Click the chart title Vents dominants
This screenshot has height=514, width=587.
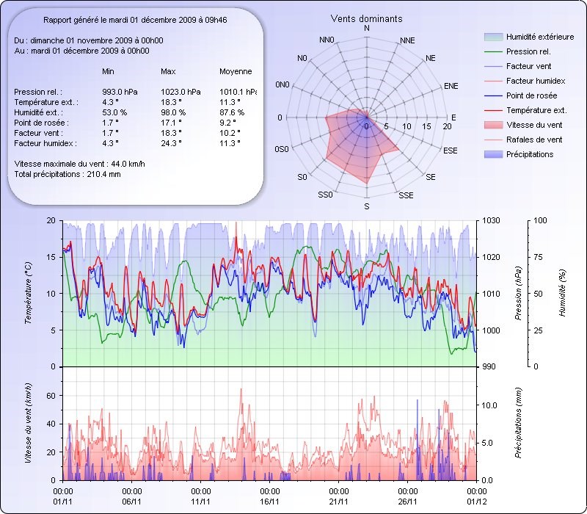click(366, 18)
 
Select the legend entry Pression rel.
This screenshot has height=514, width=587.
click(528, 51)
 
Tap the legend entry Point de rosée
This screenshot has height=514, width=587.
click(531, 95)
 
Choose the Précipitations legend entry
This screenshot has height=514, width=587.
click(530, 154)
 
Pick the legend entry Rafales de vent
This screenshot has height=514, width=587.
click(534, 140)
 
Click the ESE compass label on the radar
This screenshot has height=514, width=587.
click(451, 150)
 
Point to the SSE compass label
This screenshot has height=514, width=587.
click(406, 195)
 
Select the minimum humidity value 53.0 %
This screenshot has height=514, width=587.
click(114, 112)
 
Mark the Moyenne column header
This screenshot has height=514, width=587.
click(236, 71)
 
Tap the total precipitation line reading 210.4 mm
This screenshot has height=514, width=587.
click(68, 173)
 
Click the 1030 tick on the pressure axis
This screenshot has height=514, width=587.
click(491, 220)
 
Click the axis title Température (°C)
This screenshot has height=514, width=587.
click(30, 293)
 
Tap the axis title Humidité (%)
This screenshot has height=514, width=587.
click(563, 293)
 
